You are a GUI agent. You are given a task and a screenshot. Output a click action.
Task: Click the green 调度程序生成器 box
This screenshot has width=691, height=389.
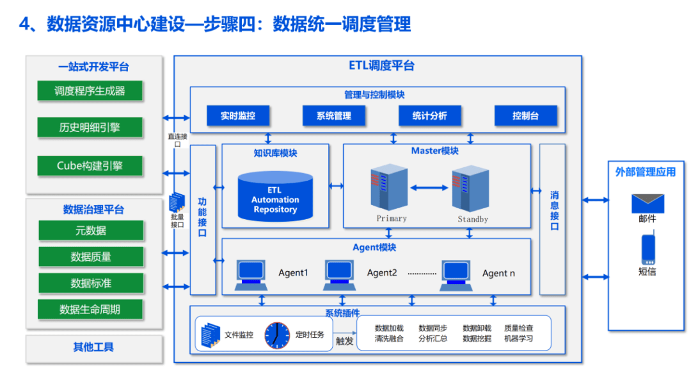click(x=90, y=91)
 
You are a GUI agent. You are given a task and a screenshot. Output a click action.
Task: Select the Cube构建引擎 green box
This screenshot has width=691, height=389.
click(x=90, y=166)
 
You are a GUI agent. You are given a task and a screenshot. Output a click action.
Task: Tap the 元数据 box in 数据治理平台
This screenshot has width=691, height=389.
click(x=90, y=231)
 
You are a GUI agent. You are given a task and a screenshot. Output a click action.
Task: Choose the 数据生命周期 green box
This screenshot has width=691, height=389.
click(x=90, y=310)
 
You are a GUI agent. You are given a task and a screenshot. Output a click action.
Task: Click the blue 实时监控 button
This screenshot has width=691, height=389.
click(x=238, y=116)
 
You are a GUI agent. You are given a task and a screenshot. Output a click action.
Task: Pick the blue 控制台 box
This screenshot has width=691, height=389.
click(x=526, y=116)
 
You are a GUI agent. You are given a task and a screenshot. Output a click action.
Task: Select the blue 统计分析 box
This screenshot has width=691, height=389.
click(x=429, y=116)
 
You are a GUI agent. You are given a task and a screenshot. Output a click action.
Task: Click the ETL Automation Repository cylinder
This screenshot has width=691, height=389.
click(x=275, y=196)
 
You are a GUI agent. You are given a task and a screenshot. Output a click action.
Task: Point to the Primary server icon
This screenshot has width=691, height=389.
click(x=389, y=189)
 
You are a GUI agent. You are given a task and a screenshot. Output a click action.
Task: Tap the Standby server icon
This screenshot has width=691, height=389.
click(x=470, y=190)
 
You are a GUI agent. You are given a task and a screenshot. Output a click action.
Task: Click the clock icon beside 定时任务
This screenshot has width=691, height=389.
click(x=277, y=335)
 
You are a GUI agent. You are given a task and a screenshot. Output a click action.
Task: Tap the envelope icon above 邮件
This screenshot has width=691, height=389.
click(x=647, y=203)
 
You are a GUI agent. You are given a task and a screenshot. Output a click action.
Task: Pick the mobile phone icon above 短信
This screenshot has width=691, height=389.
click(x=647, y=249)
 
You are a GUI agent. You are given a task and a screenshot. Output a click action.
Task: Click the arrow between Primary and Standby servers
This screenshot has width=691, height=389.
click(x=429, y=188)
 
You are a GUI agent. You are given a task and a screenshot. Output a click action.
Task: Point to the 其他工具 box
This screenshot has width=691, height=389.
click(x=93, y=347)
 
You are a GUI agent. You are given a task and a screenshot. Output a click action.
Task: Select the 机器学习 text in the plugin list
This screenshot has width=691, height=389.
click(x=518, y=339)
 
